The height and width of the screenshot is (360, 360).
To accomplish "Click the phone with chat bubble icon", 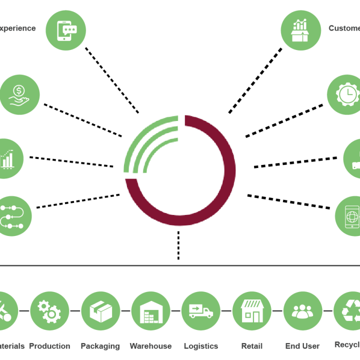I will pyautogui.click(x=65, y=30).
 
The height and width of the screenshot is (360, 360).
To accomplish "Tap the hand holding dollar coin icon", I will pyautogui.click(x=19, y=94).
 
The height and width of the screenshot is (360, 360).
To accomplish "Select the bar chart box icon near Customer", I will pyautogui.click(x=300, y=30).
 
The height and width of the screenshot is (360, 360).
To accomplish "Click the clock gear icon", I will pyautogui.click(x=345, y=94).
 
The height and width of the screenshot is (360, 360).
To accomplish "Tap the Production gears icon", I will pyautogui.click(x=49, y=310).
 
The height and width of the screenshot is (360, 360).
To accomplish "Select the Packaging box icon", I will pyautogui.click(x=100, y=310).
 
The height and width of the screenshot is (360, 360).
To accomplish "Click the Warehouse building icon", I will pyautogui.click(x=150, y=310).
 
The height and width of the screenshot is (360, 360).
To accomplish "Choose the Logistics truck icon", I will pyautogui.click(x=201, y=310).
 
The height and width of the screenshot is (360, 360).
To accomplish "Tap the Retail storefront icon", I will pyautogui.click(x=252, y=310).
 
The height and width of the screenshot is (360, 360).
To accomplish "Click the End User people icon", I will pyautogui.click(x=302, y=310).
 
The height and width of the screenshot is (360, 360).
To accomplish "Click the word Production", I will pyautogui.click(x=49, y=346).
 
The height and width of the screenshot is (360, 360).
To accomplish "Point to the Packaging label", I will pyautogui.click(x=100, y=346).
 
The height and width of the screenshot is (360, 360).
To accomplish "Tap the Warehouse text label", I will pyautogui.click(x=150, y=346).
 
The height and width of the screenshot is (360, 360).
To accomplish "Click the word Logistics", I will pyautogui.click(x=201, y=346).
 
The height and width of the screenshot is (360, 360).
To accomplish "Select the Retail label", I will pyautogui.click(x=252, y=346).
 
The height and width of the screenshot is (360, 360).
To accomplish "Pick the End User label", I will pyautogui.click(x=302, y=346).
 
